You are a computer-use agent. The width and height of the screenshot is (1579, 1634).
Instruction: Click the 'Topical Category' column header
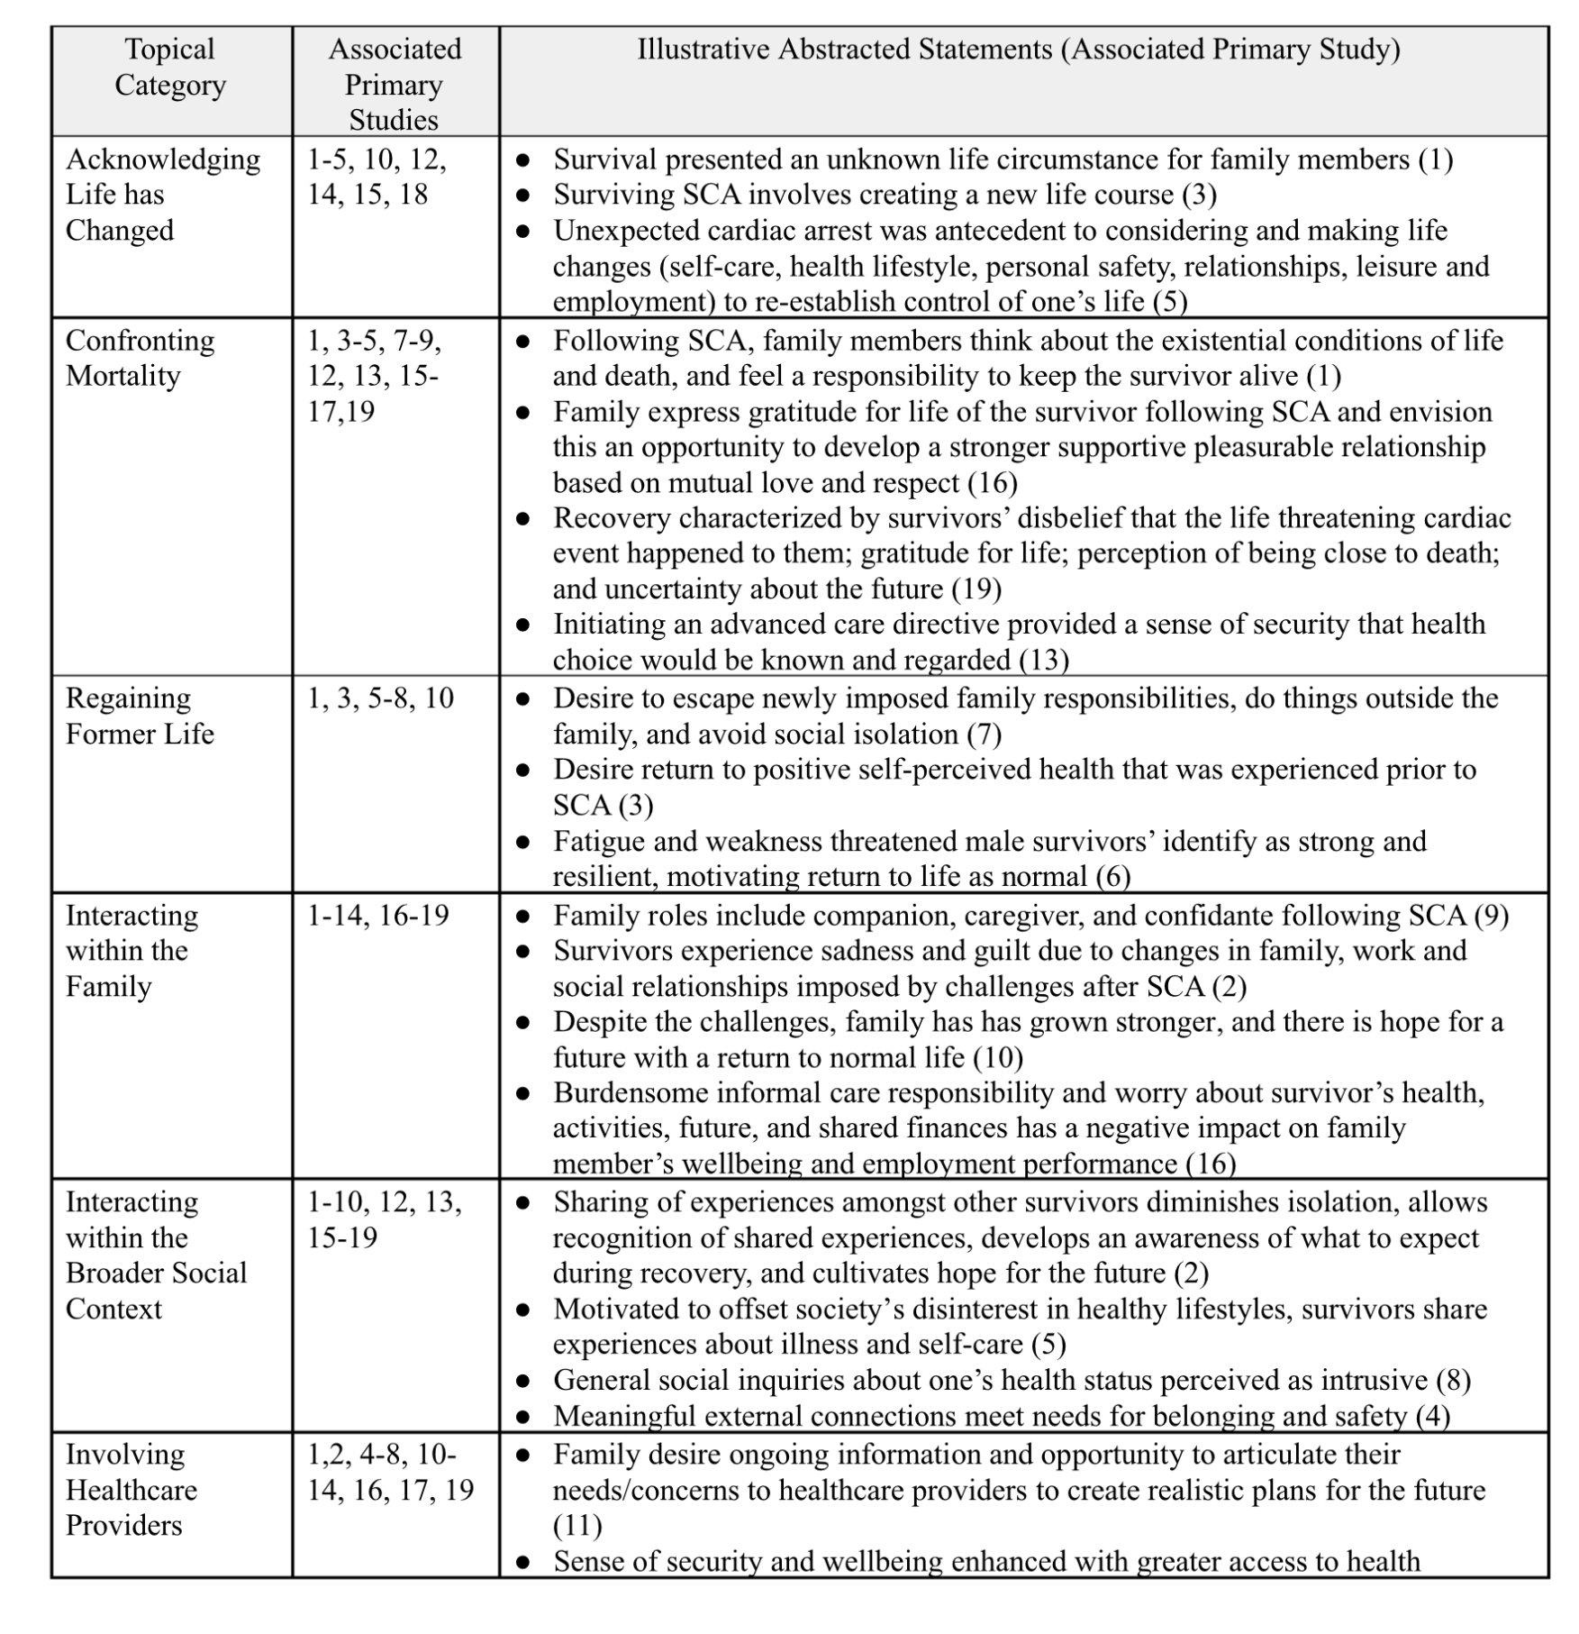(169, 67)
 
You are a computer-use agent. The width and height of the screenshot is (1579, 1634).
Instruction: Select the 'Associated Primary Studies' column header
(395, 84)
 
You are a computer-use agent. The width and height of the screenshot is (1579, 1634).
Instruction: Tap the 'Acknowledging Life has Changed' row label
(163, 195)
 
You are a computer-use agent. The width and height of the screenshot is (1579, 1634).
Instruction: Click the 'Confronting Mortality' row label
(140, 358)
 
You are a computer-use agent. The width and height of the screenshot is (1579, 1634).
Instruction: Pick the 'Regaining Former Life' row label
(140, 716)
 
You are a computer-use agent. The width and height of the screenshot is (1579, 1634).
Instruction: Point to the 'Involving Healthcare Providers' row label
(131, 1490)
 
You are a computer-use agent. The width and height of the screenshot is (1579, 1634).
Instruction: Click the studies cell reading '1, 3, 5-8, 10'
(380, 698)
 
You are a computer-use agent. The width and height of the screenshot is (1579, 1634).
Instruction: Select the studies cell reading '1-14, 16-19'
(378, 916)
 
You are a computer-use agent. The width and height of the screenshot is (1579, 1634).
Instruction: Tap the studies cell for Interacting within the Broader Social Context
(385, 1219)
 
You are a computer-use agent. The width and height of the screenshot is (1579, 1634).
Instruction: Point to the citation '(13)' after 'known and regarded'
(1044, 661)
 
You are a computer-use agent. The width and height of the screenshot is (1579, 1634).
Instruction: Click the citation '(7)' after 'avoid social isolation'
(985, 735)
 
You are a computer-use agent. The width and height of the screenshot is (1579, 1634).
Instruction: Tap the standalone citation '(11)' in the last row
(577, 1526)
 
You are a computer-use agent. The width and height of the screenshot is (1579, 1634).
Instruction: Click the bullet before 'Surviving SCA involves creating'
(522, 196)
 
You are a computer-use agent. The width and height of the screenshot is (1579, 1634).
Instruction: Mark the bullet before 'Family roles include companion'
(522, 917)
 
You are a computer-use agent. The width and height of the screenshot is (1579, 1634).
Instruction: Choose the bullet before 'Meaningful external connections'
(522, 1417)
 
